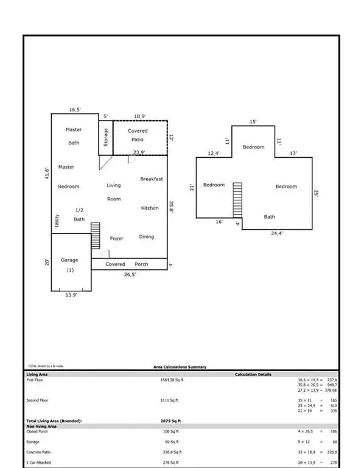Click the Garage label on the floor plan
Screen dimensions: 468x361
pyautogui.click(x=69, y=260)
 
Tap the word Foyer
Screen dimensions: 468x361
pyautogui.click(x=117, y=238)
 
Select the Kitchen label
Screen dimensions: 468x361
pyautogui.click(x=150, y=208)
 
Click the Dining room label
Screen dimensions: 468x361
pyautogui.click(x=147, y=237)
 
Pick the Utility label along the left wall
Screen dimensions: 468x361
pyautogui.click(x=56, y=220)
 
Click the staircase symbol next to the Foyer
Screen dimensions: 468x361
pyautogui.click(x=95, y=235)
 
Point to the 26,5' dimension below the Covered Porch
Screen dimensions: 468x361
pyautogui.click(x=130, y=275)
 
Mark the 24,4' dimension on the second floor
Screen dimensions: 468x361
pyautogui.click(x=276, y=233)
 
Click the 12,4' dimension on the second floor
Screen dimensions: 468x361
pyautogui.click(x=213, y=154)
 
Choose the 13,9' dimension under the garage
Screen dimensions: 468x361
pyautogui.click(x=71, y=294)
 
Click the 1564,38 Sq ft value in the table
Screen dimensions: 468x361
pyautogui.click(x=171, y=379)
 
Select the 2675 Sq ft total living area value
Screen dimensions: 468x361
pyautogui.click(x=170, y=421)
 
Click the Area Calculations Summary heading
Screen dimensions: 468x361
pyautogui.click(x=180, y=367)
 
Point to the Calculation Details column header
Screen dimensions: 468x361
pyautogui.click(x=253, y=374)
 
